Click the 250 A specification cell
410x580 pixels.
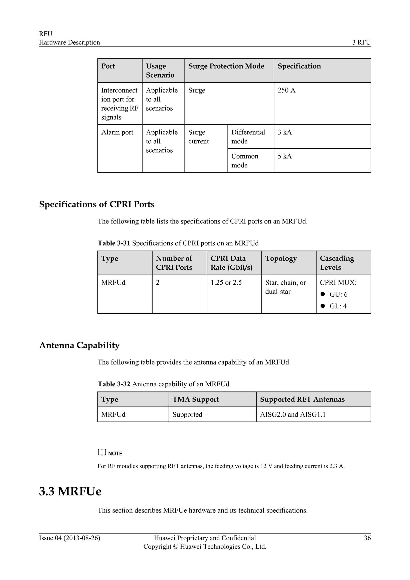coord(286,91)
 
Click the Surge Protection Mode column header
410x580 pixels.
coord(226,66)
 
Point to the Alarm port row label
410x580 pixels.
coord(117,132)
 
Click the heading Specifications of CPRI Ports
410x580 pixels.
coord(97,204)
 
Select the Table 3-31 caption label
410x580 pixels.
coord(114,243)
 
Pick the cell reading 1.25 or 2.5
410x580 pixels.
coord(226,283)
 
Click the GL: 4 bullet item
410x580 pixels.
coord(338,306)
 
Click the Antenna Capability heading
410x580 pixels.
coord(79,345)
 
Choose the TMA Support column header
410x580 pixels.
coord(195,399)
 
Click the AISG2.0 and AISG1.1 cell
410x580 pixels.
coord(293,415)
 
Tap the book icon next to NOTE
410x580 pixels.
coord(102,452)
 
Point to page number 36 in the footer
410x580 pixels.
coord(367,538)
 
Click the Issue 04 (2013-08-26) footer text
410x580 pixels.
coord(69,538)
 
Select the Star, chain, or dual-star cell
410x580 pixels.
coord(285,287)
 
